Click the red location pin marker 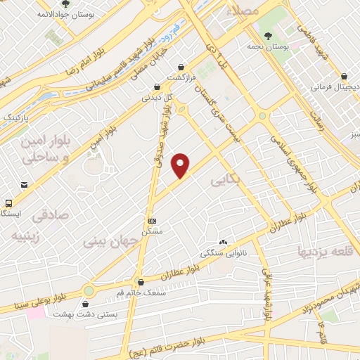(x=181, y=165)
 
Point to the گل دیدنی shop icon (x=155, y=89)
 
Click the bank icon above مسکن (x=152, y=219)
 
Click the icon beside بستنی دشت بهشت (x=86, y=304)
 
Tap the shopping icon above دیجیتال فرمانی (x=344, y=76)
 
